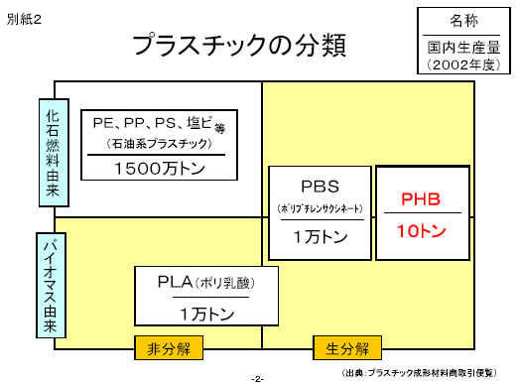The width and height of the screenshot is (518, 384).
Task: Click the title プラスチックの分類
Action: point(239,45)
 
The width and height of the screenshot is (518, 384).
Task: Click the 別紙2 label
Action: point(24,19)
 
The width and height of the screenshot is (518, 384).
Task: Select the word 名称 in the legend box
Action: point(463,21)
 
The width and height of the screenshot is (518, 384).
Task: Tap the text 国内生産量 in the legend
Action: point(463,48)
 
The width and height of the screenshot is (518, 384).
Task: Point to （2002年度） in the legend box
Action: point(463,64)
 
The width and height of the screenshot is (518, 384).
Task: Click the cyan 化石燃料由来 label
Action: point(54,153)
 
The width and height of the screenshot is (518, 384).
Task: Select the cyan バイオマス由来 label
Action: point(51,285)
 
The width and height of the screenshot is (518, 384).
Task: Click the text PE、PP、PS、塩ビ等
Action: point(160,124)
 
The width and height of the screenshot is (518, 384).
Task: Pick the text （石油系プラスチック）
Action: point(160,144)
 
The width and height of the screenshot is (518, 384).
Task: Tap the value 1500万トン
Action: point(160,169)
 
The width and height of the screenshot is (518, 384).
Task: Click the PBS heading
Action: point(321,187)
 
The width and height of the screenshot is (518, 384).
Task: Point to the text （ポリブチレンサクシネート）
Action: point(321,208)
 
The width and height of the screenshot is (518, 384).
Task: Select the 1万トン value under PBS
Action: point(321,236)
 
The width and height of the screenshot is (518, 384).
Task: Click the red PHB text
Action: point(421,199)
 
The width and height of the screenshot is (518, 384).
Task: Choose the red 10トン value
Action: point(422,230)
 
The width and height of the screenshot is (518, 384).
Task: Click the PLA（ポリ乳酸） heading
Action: point(206,283)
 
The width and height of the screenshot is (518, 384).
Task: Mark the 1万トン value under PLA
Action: point(207,314)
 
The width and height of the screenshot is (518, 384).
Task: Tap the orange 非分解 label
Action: point(169,348)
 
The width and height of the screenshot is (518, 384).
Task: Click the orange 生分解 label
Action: point(347,348)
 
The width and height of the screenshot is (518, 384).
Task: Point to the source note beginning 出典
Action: point(419,373)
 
